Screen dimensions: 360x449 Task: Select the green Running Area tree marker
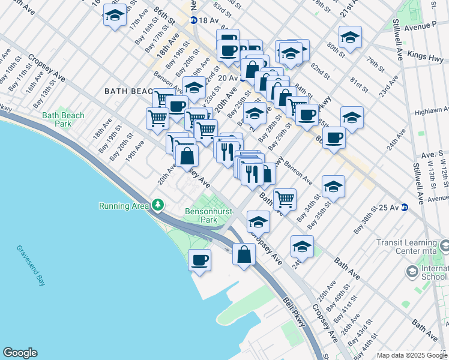point(158,206)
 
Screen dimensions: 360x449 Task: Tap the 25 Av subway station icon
point(405,208)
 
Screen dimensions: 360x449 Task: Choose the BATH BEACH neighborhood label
point(129,91)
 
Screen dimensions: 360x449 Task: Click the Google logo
point(20,353)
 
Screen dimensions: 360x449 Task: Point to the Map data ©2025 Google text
point(411,355)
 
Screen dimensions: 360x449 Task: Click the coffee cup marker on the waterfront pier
point(199,260)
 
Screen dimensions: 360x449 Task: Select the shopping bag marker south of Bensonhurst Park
point(244,254)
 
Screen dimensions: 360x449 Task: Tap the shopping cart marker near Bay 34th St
point(285,199)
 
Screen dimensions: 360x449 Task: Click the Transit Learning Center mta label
point(409,247)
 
